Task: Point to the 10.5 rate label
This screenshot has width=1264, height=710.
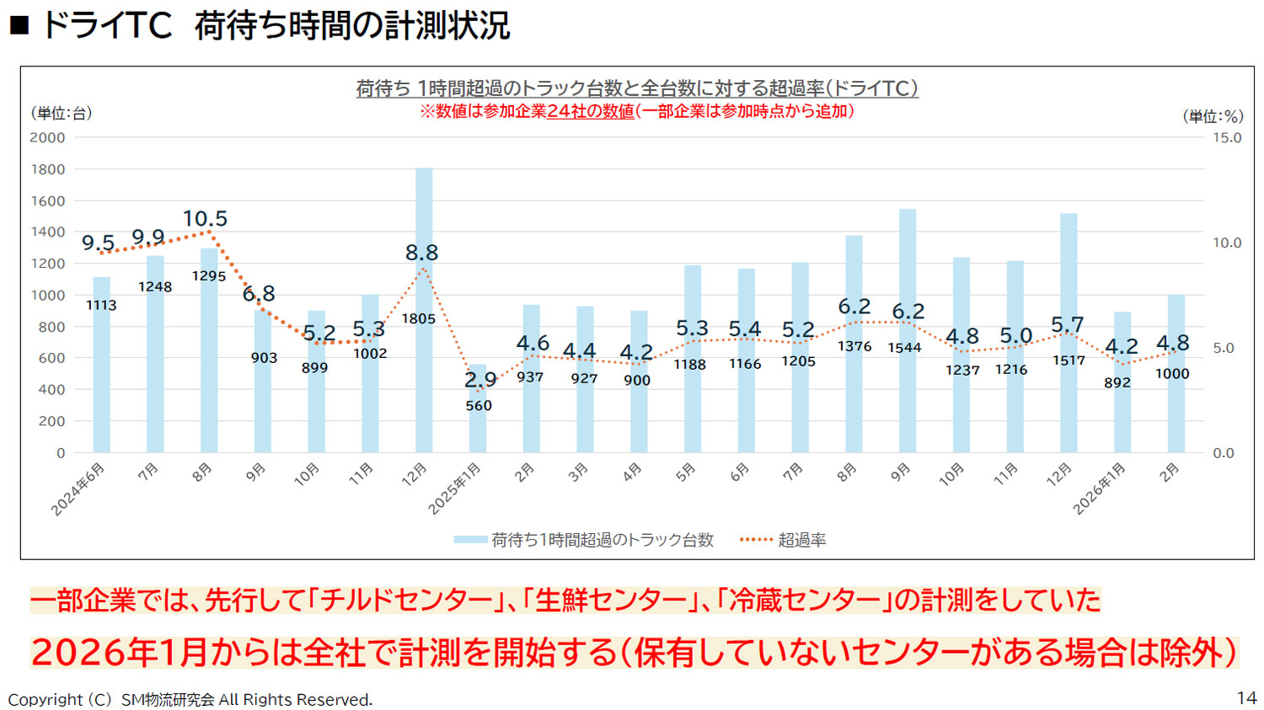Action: pos(205,219)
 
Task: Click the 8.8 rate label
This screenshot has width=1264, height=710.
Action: pos(421,253)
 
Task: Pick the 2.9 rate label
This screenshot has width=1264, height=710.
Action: pos(480,380)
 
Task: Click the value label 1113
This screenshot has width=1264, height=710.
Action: pos(101,306)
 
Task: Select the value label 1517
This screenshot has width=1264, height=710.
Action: pos(1069,360)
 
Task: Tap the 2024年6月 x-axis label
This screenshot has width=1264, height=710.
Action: pos(78,488)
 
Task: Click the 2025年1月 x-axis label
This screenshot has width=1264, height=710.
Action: pos(455,488)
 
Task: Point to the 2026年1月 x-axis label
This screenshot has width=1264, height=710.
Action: pos(1100,488)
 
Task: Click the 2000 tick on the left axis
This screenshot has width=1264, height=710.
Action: pos(47,138)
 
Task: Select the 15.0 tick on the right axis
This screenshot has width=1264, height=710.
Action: pos(1227,138)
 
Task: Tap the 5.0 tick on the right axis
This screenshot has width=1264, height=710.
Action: pos(1224,348)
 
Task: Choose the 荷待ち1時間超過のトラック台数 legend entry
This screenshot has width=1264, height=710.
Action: pos(602,540)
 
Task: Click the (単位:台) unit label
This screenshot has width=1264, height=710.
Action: pos(62,114)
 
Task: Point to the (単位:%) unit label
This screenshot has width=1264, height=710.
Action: pos(1213,117)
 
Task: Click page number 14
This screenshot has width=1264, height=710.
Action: pos(1246,697)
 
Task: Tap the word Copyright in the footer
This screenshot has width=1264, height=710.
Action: pos(46,700)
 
